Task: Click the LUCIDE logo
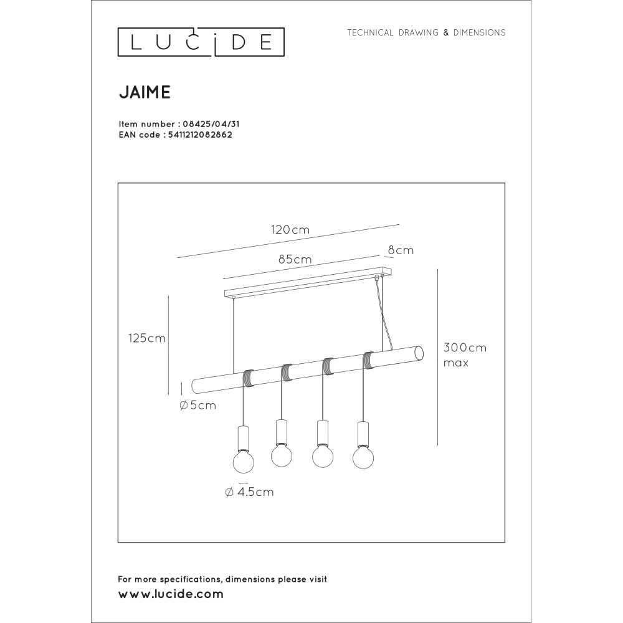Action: tap(201, 42)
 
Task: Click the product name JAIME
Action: tap(145, 92)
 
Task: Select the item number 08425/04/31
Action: tap(211, 124)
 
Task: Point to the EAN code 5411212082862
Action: tap(200, 135)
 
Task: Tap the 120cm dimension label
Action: tap(290, 230)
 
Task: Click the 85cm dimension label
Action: tap(295, 259)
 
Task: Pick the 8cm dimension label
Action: tap(401, 250)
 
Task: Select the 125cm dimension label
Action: tap(146, 338)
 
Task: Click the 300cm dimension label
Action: tap(465, 348)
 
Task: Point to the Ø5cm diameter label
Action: tap(197, 406)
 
